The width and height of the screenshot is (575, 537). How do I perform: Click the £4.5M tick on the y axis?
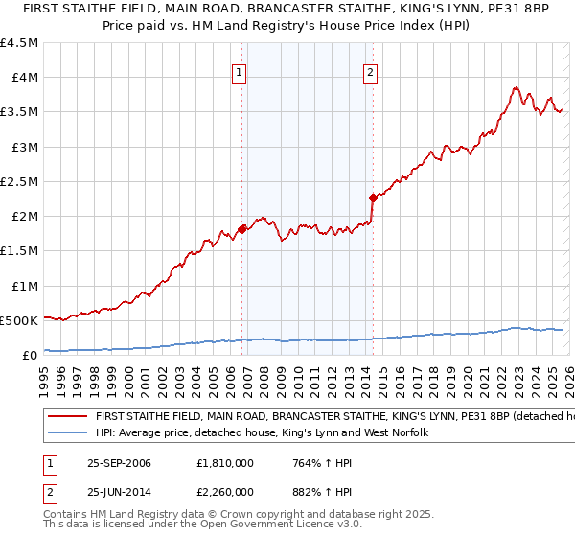coord(19,43)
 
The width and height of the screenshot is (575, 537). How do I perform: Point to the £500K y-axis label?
coord(19,320)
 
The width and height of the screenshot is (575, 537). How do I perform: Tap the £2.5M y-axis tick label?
coord(19,181)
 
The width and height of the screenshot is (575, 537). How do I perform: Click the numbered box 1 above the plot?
coord(239,70)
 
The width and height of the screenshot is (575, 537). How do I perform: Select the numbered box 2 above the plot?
coord(370,70)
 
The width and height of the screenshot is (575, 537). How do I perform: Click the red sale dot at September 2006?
coord(242,228)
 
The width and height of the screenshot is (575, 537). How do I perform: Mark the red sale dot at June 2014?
coord(373,198)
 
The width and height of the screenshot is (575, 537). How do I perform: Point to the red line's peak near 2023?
coord(516,88)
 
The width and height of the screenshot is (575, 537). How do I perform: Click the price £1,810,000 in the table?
coord(227,463)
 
